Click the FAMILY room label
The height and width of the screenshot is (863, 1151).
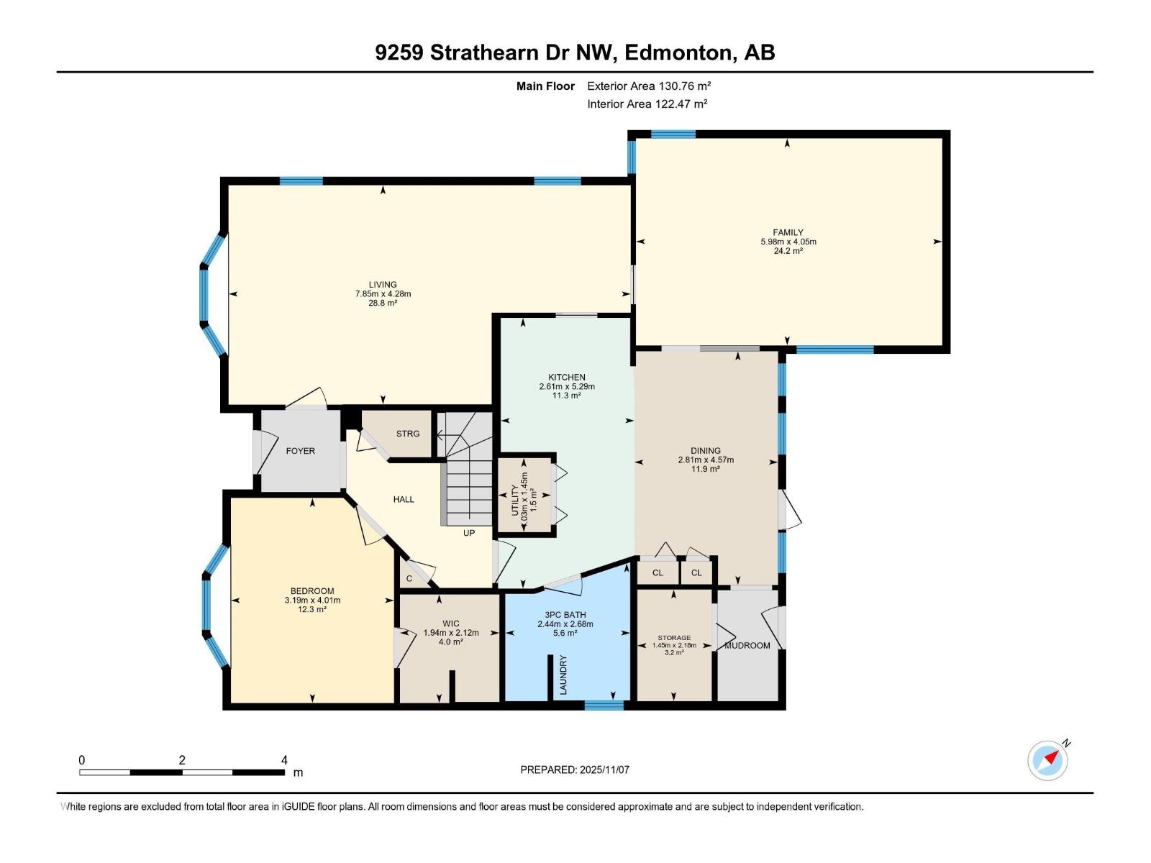point(788,232)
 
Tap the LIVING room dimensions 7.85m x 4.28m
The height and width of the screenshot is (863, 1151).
point(383,293)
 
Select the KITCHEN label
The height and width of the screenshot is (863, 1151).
point(567,377)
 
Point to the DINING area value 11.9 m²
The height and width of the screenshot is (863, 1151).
point(706,469)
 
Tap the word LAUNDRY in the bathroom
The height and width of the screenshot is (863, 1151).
point(563,675)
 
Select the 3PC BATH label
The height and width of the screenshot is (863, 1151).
point(565,615)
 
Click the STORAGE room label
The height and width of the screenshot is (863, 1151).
point(674,638)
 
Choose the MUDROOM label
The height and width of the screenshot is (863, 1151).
point(747,645)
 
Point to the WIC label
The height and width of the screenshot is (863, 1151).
point(451,624)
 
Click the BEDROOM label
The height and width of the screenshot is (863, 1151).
point(312,591)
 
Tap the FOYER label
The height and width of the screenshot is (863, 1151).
point(300,451)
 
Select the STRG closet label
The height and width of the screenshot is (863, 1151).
point(408,434)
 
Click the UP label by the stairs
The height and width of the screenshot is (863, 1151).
point(469,533)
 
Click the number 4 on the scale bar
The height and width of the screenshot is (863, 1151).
point(284,760)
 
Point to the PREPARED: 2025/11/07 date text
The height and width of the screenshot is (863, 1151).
point(575,770)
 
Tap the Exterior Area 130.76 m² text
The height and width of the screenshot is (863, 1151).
point(649,86)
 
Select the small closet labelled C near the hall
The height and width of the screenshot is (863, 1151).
point(409,578)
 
